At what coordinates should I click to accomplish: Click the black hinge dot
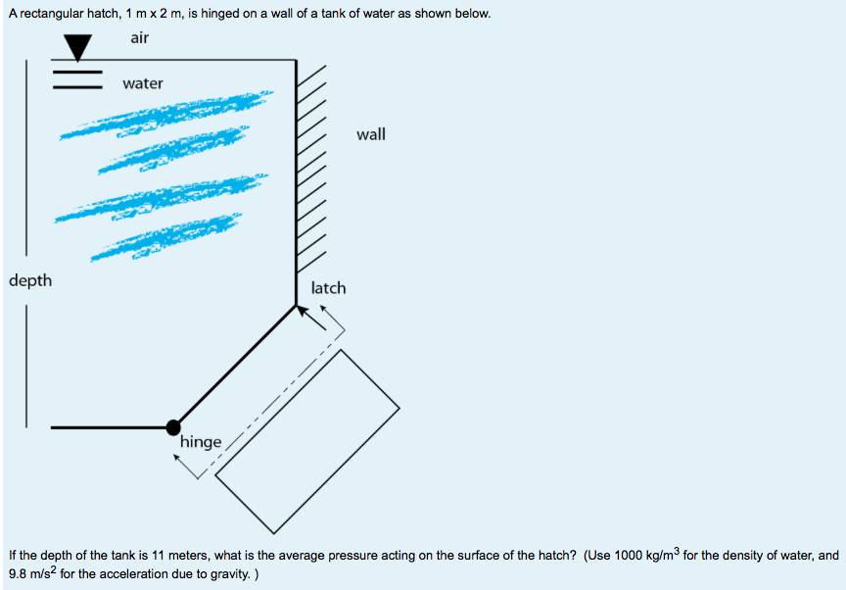(x=173, y=426)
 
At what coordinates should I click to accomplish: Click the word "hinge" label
(x=201, y=442)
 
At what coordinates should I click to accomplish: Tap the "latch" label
(x=328, y=288)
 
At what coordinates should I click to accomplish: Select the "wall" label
(x=371, y=134)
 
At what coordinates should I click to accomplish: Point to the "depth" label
(x=30, y=281)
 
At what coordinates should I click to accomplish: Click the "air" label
(x=139, y=37)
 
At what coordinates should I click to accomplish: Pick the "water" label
(x=143, y=83)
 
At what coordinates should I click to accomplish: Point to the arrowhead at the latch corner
(x=303, y=311)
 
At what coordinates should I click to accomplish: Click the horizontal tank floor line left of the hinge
(x=108, y=427)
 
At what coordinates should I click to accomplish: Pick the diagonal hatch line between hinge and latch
(x=235, y=367)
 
